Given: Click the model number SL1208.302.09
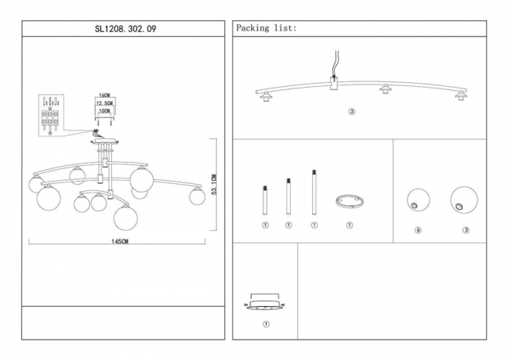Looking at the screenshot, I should tap(126, 29).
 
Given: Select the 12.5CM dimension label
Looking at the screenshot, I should tap(103, 103).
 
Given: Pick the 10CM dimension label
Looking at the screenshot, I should tap(103, 111).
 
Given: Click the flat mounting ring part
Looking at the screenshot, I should tap(349, 202).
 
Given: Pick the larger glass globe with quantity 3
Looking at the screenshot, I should tap(464, 200).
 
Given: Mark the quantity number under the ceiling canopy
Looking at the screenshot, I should tap(264, 324).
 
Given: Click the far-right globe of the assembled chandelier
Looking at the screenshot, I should tap(196, 196).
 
